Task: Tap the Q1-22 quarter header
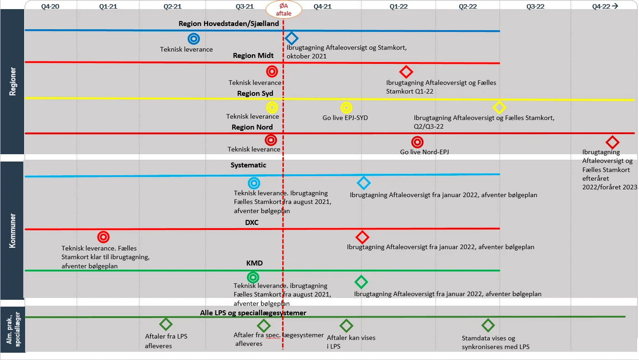click(398, 6)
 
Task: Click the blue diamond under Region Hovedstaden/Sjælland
click(292, 38)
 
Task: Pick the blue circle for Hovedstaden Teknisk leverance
click(194, 39)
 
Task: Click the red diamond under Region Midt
click(406, 72)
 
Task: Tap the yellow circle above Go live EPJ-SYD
click(346, 108)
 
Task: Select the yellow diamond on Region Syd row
click(499, 108)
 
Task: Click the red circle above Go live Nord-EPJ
click(417, 142)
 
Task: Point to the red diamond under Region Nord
click(612, 142)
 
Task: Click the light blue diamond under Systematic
click(363, 183)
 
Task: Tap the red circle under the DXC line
click(104, 237)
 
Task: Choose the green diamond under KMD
click(361, 282)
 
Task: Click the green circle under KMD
click(253, 277)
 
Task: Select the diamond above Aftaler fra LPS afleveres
click(166, 324)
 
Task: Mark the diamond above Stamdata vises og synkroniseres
click(488, 325)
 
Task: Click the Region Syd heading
click(255, 94)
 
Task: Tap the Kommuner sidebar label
click(12, 230)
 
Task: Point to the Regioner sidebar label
click(12, 81)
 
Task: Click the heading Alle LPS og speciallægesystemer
click(253, 313)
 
